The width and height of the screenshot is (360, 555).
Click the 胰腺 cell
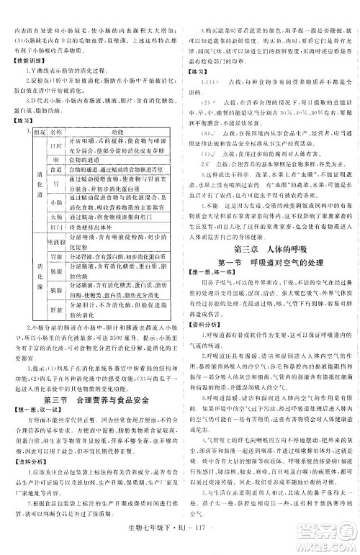(x=53, y=288)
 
